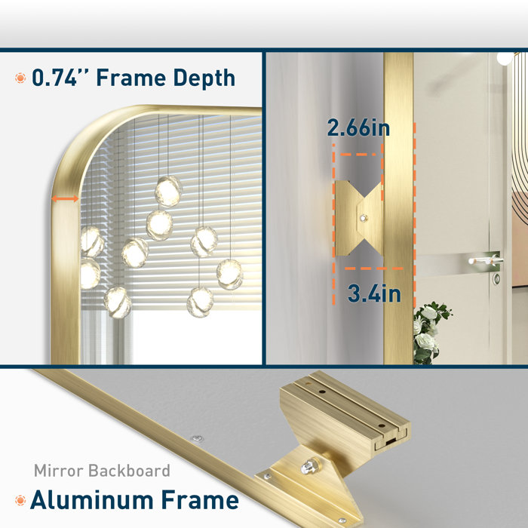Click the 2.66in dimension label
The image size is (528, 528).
[x=358, y=127]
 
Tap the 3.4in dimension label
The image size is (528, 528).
[x=374, y=293]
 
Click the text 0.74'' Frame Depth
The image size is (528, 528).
[x=134, y=78]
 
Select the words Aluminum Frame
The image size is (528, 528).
[x=135, y=499]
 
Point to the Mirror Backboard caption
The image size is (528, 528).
[x=102, y=471]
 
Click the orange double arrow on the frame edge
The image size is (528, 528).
[x=66, y=199]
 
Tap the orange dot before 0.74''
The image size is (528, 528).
[x=20, y=78]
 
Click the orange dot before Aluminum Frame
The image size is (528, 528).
[x=20, y=500]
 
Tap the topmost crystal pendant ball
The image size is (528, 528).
[x=168, y=191]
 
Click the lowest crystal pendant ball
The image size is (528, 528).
[x=200, y=300]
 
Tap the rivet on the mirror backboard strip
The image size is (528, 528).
[x=196, y=437]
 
